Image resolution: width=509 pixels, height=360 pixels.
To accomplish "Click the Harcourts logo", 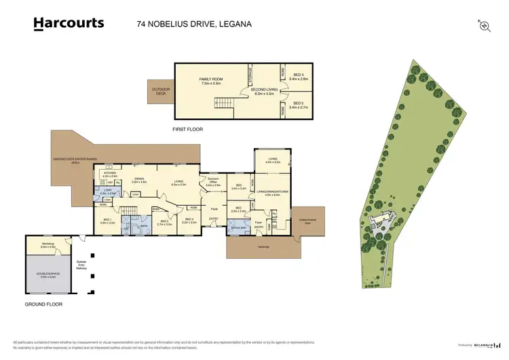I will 69,24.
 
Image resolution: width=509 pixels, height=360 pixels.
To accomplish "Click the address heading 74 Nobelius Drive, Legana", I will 184,24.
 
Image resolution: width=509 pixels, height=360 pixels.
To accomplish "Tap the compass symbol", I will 484,24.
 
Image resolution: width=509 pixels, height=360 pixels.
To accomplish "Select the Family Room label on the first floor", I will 210,81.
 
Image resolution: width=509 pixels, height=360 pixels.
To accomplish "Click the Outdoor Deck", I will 161,92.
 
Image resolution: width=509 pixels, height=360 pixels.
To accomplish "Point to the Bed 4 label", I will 299,76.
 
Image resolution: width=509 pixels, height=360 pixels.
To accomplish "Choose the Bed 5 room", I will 299,105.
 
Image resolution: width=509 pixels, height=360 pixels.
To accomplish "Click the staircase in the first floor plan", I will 224,104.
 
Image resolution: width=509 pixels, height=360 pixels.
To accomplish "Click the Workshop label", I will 48,244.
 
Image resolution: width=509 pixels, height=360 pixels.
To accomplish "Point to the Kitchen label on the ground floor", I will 110,175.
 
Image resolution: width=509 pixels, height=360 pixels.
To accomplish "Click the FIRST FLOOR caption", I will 188,129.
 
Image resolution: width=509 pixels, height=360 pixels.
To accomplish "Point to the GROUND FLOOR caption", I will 43,305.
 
